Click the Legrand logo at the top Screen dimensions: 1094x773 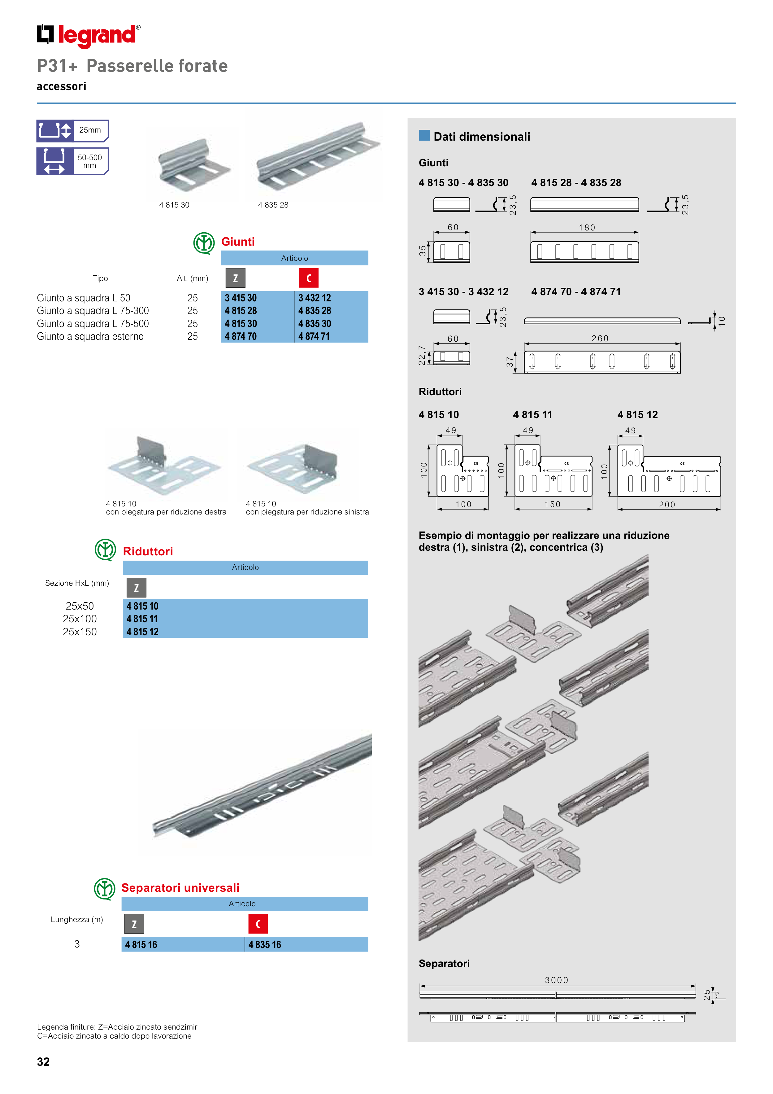(x=89, y=35)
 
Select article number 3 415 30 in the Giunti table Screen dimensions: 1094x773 (x=241, y=298)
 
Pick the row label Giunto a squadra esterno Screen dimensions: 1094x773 (x=90, y=336)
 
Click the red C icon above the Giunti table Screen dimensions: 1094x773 (x=309, y=278)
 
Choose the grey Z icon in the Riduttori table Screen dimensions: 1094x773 (x=136, y=588)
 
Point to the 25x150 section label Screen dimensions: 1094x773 (x=80, y=632)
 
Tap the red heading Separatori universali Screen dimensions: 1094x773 (x=180, y=888)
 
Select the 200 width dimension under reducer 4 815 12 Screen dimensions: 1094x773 (x=667, y=505)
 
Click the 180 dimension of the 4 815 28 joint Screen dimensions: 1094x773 (x=587, y=228)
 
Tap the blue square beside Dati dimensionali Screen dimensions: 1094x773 (x=424, y=135)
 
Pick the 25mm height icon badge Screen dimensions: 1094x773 (x=72, y=131)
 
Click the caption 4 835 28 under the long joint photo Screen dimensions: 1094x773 (x=273, y=205)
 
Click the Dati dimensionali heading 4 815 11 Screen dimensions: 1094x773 (x=532, y=414)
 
